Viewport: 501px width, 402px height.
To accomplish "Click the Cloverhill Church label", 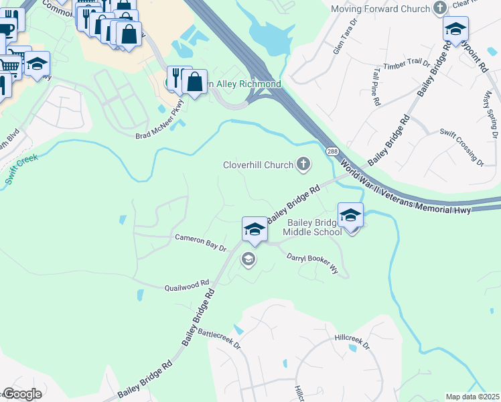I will tap(258, 165).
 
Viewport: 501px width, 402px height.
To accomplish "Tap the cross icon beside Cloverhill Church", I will tap(303, 163).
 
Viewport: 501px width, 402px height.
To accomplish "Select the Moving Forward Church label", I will tap(380, 9).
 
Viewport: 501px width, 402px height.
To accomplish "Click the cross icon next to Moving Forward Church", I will tap(439, 9).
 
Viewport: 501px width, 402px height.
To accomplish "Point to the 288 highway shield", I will tap(332, 153).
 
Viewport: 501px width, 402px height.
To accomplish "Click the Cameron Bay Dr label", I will tap(201, 242).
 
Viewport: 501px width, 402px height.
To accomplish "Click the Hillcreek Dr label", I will tap(352, 342).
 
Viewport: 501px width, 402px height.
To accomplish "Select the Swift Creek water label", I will tap(22, 170).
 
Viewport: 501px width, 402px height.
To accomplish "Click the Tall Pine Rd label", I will tap(374, 86).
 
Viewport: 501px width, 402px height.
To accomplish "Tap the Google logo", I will tap(22, 394).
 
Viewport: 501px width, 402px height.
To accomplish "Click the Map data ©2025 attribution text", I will tap(472, 397).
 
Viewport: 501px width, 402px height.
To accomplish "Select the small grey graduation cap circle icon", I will tap(248, 259).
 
